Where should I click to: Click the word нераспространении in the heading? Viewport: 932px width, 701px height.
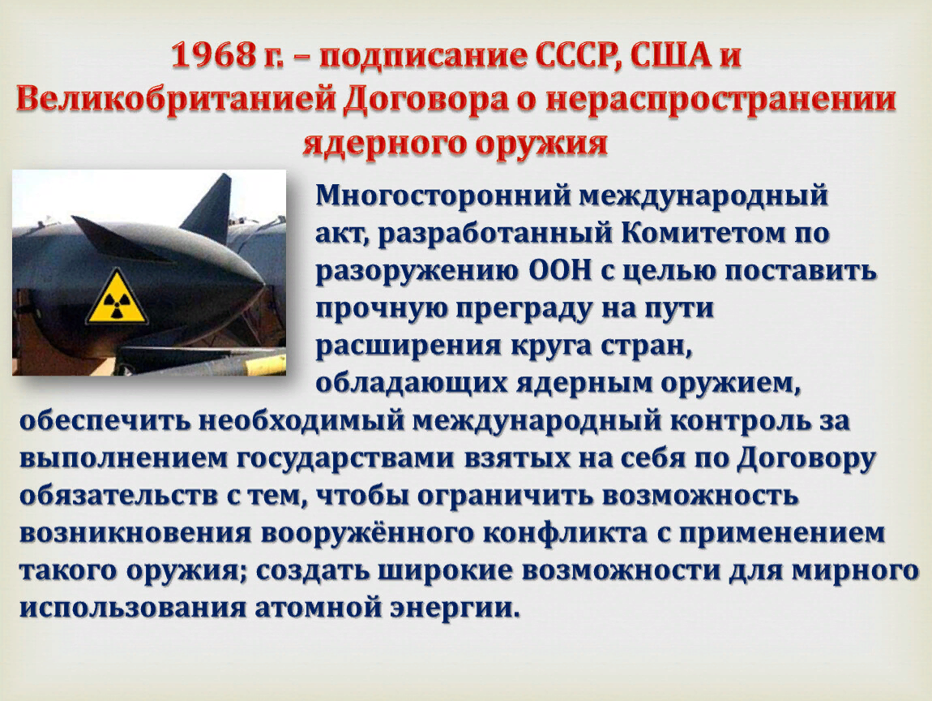[720, 101]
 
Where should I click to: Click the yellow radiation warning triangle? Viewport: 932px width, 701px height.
[118, 299]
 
